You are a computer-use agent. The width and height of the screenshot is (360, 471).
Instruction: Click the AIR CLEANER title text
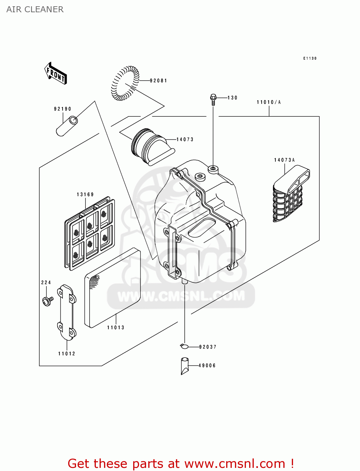(35, 9)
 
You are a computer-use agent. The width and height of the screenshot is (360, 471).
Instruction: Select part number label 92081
(158, 81)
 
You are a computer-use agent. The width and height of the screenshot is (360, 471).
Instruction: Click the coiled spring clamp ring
(125, 83)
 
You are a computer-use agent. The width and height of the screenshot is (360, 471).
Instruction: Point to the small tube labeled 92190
(67, 126)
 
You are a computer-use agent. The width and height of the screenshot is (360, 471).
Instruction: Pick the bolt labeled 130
(213, 99)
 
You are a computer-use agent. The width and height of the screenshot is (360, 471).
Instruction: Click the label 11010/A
(269, 102)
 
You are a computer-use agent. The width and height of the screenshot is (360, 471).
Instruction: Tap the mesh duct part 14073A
(290, 196)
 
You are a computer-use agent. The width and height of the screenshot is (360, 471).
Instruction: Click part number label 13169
(85, 195)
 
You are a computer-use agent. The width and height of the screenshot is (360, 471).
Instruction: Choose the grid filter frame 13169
(90, 234)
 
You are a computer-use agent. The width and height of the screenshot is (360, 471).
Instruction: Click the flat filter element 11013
(112, 287)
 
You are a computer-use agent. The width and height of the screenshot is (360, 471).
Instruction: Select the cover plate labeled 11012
(66, 312)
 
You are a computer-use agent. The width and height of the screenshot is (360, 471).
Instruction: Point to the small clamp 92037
(184, 346)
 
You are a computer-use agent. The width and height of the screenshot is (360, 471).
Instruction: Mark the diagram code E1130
(310, 58)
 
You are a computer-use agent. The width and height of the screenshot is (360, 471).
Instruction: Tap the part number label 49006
(207, 366)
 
